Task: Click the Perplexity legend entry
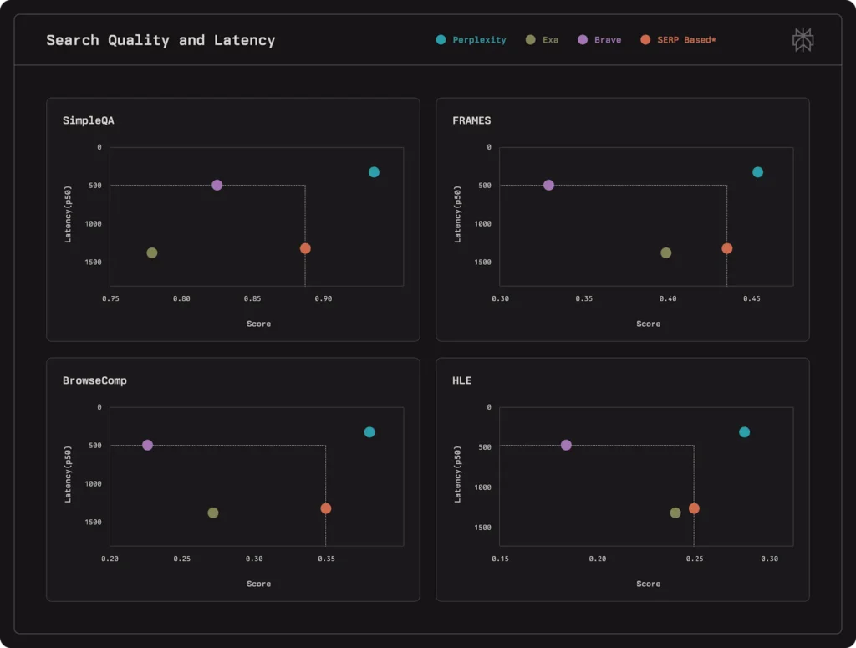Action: point(471,39)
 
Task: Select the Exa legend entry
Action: point(543,39)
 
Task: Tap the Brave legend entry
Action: point(599,39)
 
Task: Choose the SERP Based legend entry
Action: point(678,39)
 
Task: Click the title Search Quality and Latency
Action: point(160,39)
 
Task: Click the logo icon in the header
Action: point(802,39)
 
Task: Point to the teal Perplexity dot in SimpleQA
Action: point(374,172)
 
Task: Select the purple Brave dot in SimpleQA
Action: point(217,185)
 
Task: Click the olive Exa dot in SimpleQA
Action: point(152,253)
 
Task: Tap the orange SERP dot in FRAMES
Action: point(727,248)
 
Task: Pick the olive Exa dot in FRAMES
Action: point(666,253)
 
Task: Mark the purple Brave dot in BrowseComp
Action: point(148,445)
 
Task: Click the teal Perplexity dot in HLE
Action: point(745,432)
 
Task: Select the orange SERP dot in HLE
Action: point(694,508)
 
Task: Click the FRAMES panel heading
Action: point(471,120)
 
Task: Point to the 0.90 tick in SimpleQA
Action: point(323,298)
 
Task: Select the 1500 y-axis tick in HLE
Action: point(481,528)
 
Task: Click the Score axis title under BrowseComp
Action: point(258,584)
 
